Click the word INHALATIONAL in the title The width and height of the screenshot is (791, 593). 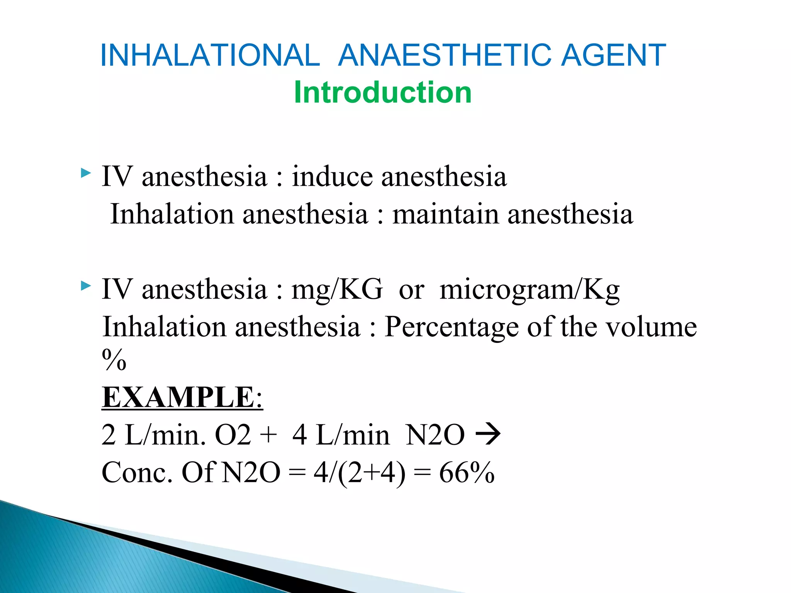coord(210,55)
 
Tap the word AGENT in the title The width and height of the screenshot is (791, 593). coord(613,55)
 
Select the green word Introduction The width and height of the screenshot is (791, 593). coord(383,93)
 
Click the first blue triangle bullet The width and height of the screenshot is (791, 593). coord(86,173)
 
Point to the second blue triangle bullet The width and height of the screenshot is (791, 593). coord(86,286)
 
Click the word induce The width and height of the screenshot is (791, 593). coord(332,176)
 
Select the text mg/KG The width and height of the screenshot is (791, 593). coord(337,289)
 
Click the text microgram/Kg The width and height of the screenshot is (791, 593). coord(530,289)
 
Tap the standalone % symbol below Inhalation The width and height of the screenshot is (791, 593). coord(114,360)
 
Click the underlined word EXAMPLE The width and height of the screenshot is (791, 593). coord(178,397)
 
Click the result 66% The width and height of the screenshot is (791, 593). coord(467,473)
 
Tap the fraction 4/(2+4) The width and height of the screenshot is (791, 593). coord(359,473)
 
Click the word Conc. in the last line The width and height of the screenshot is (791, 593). coord(137,473)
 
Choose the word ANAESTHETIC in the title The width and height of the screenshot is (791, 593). coord(446,55)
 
